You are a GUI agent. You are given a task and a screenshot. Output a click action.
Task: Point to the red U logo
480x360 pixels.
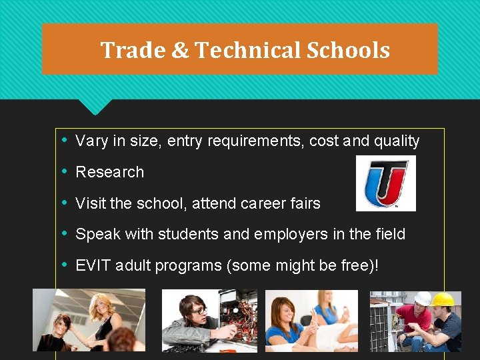(x=386, y=183)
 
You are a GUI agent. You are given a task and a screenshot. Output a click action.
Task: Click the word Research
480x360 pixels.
(x=110, y=172)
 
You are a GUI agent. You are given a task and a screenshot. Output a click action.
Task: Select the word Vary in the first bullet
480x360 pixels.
(x=90, y=141)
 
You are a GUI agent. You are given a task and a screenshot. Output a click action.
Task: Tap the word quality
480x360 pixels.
(x=397, y=141)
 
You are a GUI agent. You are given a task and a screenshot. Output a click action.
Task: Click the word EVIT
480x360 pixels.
(x=93, y=265)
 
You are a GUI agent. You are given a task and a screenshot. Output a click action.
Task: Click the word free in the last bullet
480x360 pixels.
(x=357, y=265)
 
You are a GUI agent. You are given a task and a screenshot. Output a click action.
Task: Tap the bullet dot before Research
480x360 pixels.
(x=64, y=171)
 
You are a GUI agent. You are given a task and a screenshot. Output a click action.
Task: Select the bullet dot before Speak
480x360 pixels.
(x=64, y=233)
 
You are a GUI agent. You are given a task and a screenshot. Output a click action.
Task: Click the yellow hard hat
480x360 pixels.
(x=443, y=299)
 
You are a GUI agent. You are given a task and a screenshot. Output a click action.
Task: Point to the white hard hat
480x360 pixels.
(x=423, y=298)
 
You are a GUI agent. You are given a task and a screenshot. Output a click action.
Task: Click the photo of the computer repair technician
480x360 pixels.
(x=209, y=321)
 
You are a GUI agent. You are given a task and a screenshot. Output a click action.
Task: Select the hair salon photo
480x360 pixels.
(x=89, y=320)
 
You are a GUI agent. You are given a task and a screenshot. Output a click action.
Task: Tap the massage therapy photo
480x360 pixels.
(x=311, y=321)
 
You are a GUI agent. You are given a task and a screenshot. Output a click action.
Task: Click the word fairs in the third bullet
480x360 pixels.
(x=306, y=203)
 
